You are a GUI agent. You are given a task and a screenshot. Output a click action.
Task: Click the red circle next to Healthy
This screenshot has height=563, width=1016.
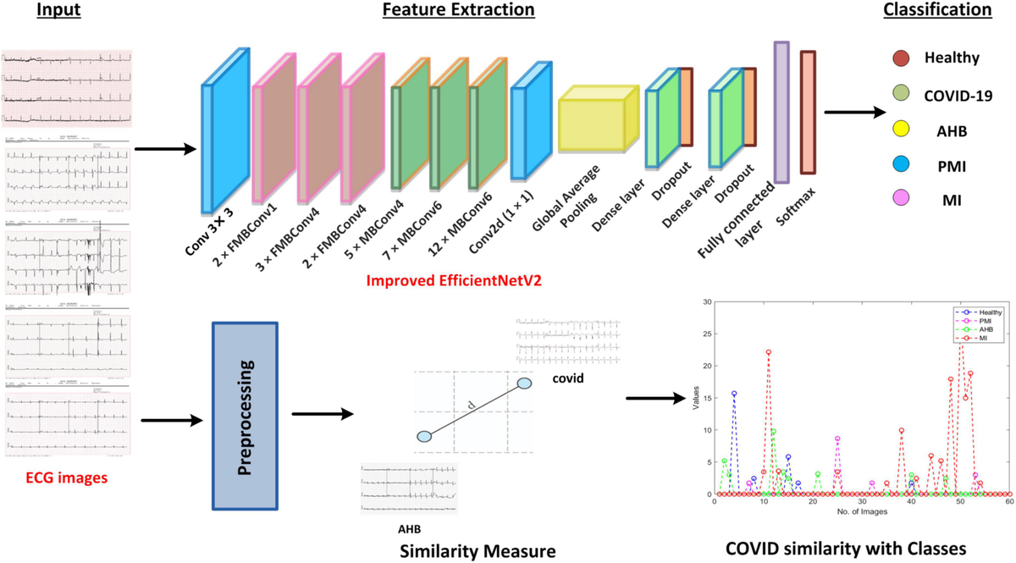pos(902,58)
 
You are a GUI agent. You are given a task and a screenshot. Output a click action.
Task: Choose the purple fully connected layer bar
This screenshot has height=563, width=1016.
pos(781,113)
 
